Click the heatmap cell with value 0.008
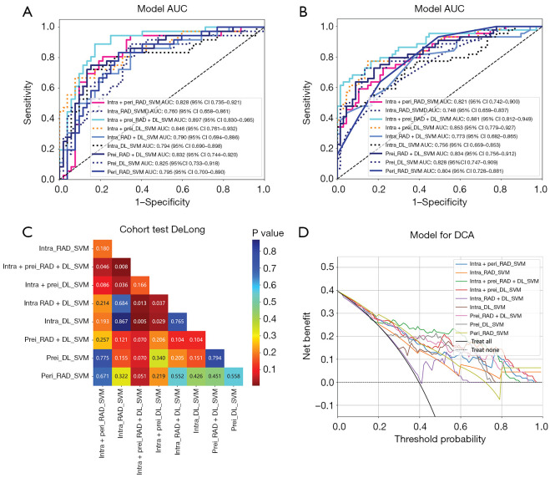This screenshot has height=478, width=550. coord(127,289)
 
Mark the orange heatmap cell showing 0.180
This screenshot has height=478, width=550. coord(103,271)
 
